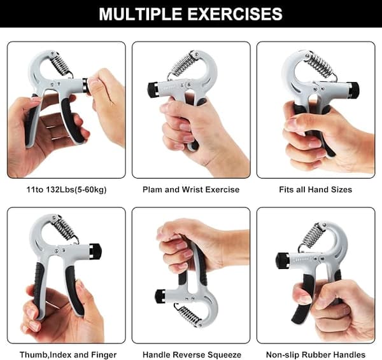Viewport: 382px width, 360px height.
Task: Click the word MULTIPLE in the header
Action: pos(140,14)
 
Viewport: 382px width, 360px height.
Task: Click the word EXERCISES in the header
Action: pos(235,14)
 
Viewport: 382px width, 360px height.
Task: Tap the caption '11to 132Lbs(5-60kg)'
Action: pos(66,190)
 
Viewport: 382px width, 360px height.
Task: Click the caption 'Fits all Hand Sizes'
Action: pos(316,190)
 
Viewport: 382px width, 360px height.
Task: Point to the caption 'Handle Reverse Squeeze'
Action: pos(192,355)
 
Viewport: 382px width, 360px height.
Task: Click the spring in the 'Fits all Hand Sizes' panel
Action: pos(320,64)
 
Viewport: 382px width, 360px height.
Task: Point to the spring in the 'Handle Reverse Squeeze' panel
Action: pos(188,315)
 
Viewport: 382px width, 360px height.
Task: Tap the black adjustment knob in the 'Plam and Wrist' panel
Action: pos(153,89)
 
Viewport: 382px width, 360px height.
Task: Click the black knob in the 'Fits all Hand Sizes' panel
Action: pos(353,90)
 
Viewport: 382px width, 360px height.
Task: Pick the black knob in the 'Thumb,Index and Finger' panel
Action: pos(95,251)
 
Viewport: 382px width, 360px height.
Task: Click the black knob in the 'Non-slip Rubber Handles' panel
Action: pos(282,261)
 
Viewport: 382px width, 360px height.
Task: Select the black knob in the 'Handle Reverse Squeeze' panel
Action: pos(160,296)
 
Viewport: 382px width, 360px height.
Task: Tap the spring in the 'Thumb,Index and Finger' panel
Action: pos(65,228)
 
